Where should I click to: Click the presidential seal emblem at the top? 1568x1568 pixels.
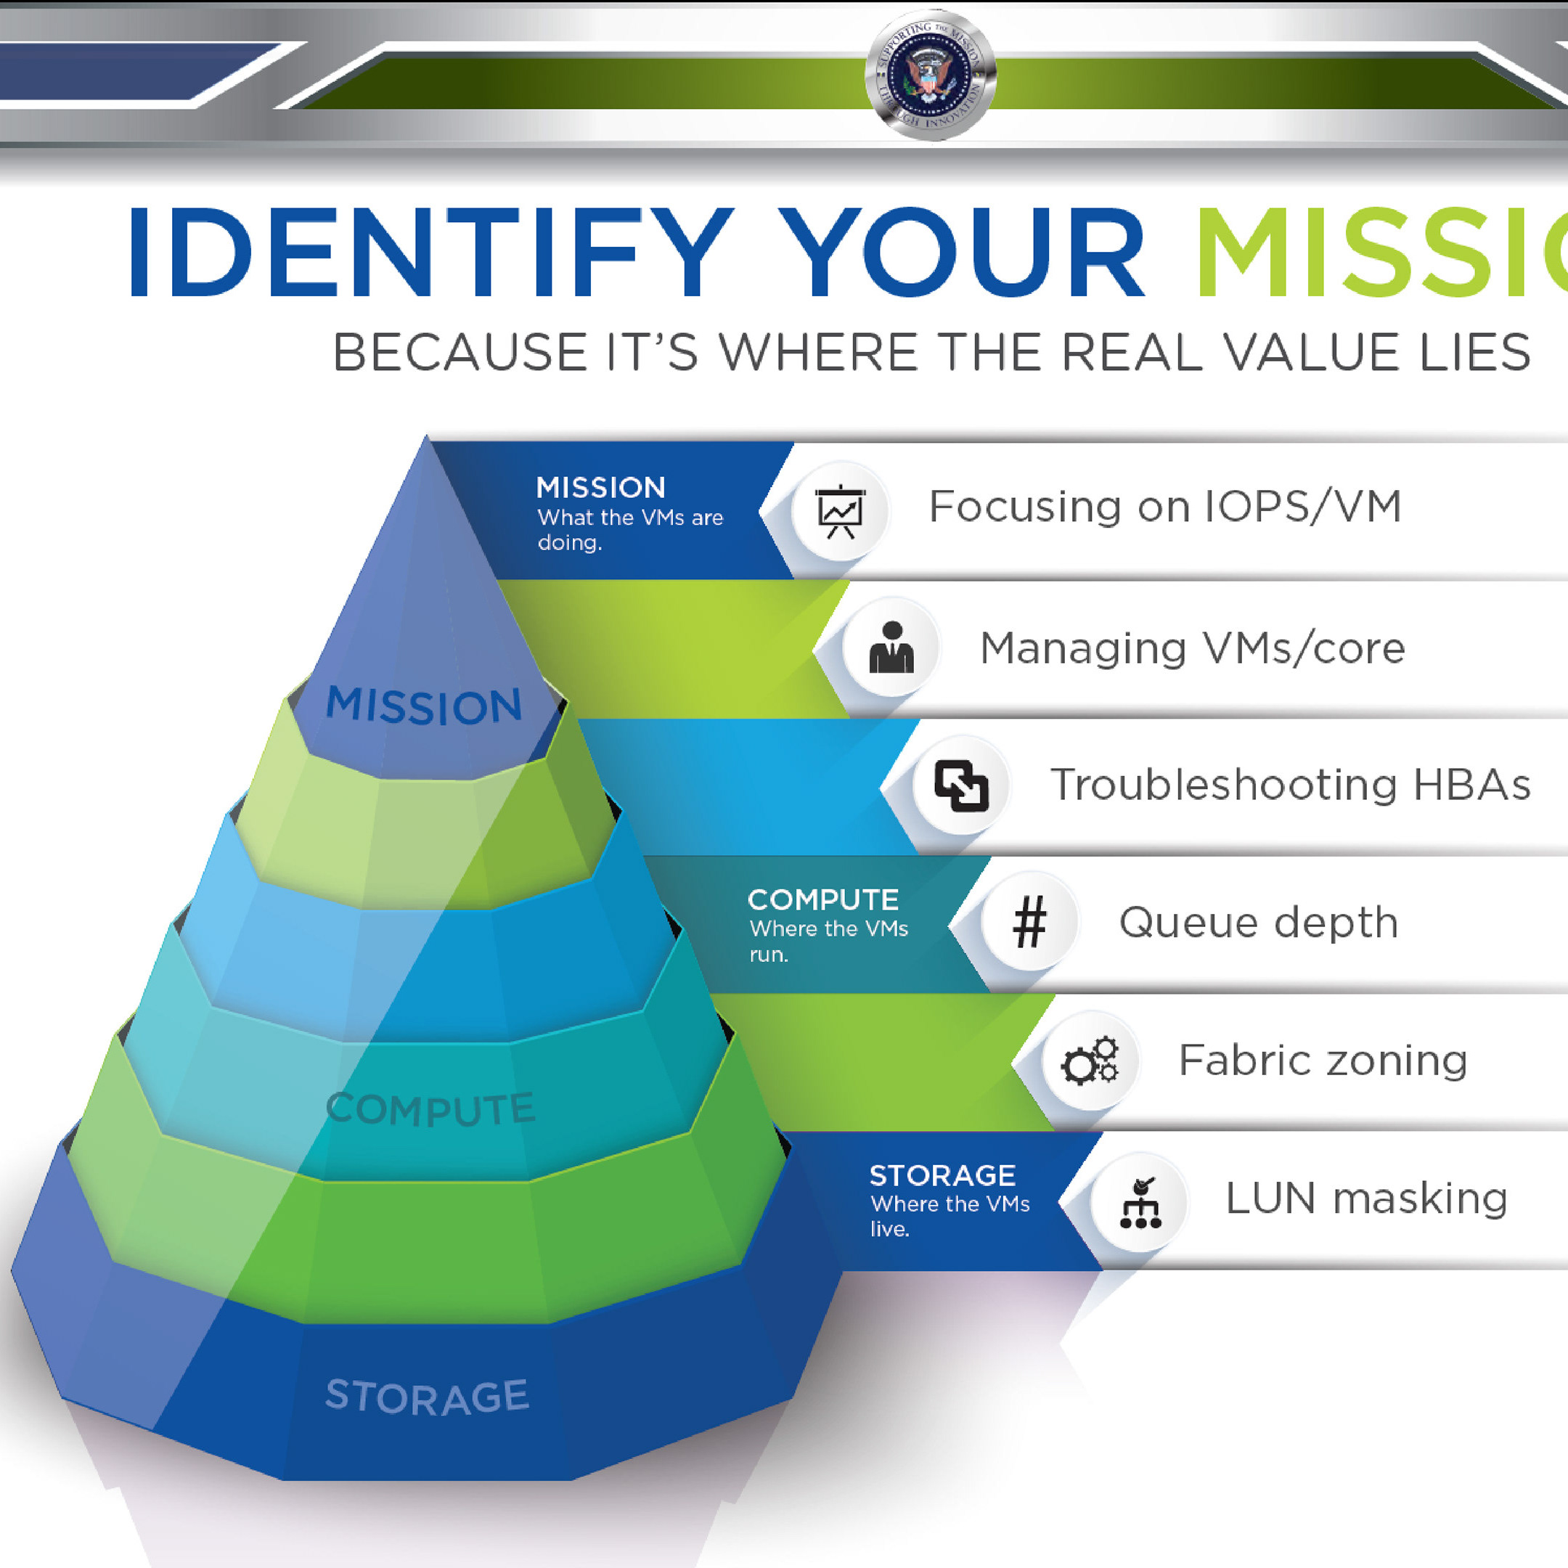pos(930,75)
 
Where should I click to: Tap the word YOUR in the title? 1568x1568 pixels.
pos(963,253)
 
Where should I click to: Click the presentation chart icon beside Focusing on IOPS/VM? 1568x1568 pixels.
pos(840,511)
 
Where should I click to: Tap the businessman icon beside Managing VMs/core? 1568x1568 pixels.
pos(891,648)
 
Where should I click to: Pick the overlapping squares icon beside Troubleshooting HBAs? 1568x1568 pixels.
pos(961,785)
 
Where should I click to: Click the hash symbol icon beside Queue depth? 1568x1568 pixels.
pos(1029,923)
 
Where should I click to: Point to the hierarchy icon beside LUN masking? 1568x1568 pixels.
pos(1140,1202)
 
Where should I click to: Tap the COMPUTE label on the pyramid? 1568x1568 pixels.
pos(430,1108)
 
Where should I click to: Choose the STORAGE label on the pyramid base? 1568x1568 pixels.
pos(427,1397)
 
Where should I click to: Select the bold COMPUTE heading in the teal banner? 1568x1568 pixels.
pos(822,899)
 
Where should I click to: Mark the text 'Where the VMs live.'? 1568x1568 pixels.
pos(949,1216)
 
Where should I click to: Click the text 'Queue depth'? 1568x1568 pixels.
pos(1258,923)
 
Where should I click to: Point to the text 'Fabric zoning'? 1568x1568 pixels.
pos(1323,1061)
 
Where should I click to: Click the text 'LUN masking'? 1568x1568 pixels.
pos(1366,1199)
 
